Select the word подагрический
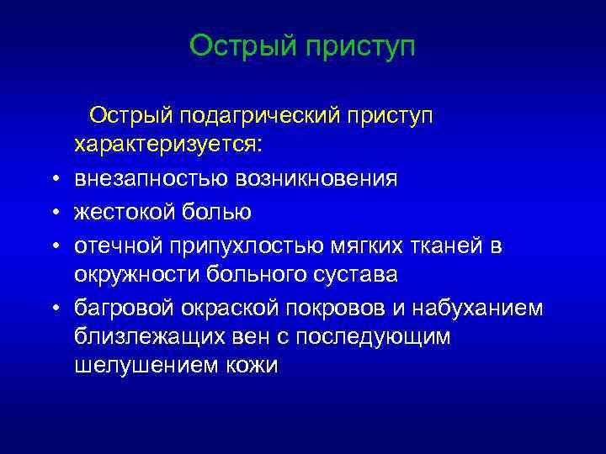[x=263, y=113]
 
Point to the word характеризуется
[x=167, y=145]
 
